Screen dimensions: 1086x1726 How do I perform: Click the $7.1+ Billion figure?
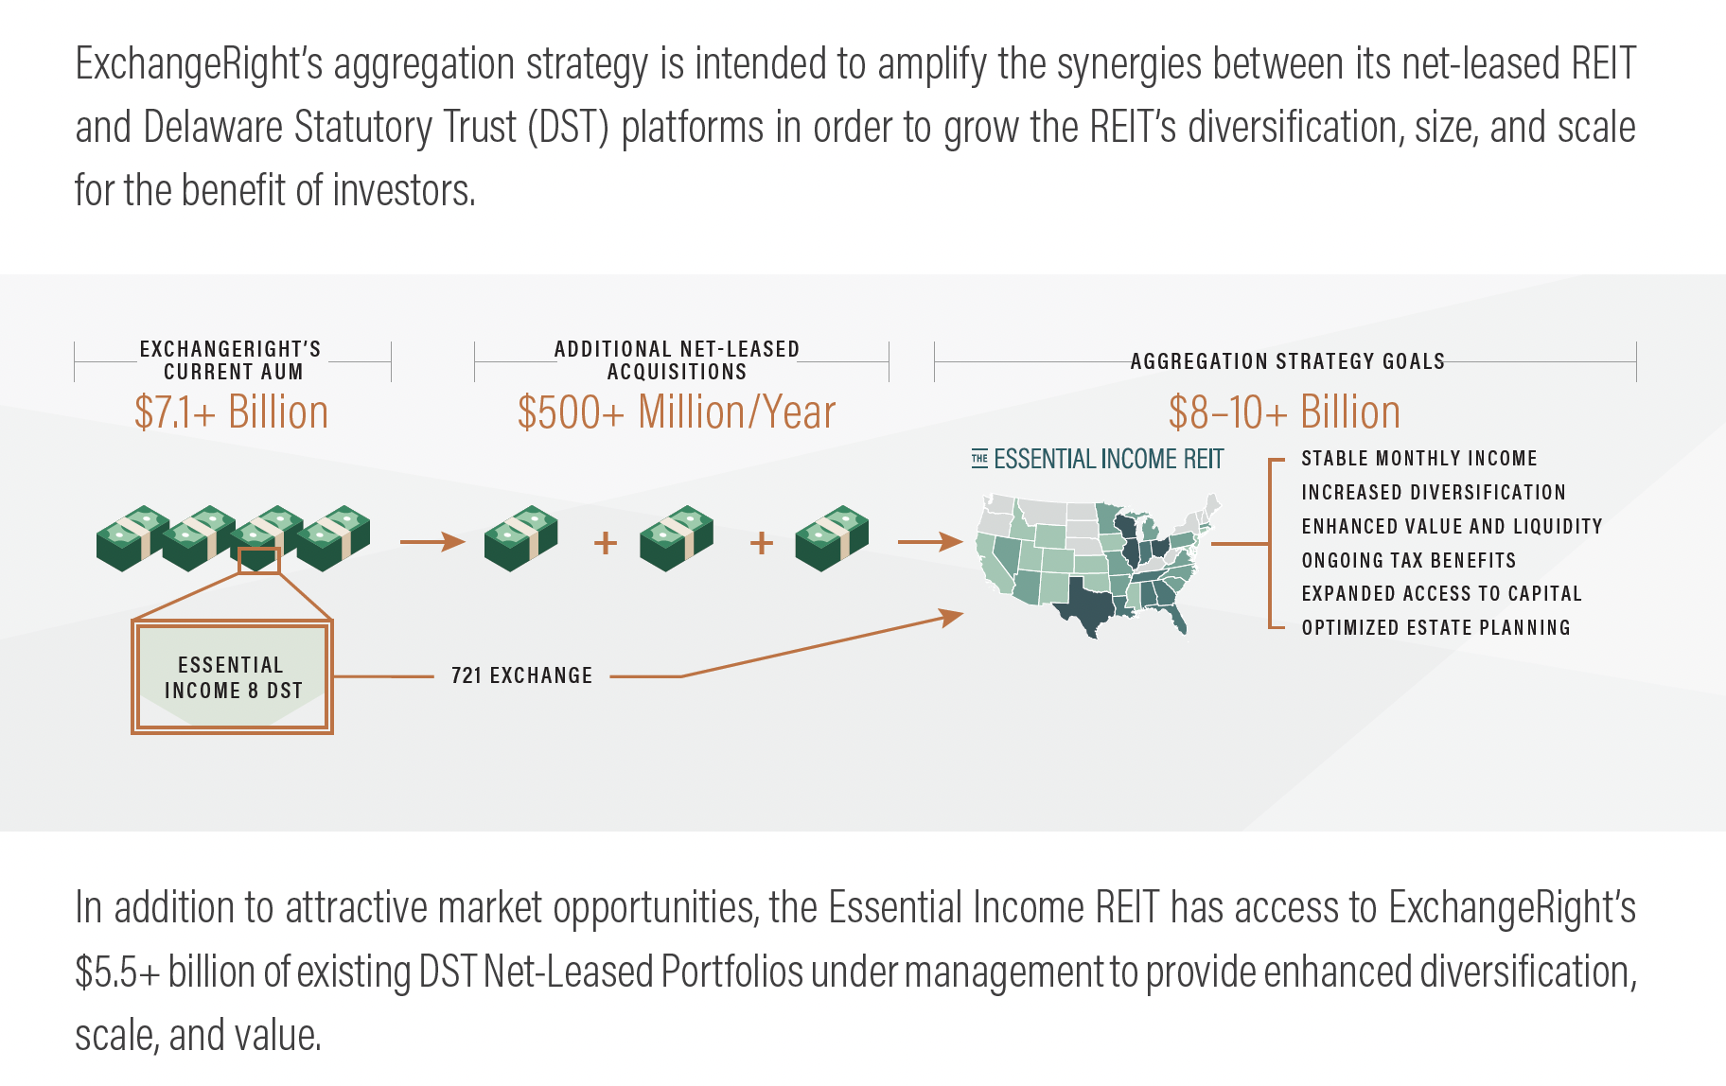(231, 412)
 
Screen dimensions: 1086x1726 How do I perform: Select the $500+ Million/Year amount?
(676, 412)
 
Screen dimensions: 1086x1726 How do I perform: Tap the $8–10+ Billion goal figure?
(1283, 412)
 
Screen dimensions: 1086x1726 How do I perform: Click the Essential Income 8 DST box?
(232, 677)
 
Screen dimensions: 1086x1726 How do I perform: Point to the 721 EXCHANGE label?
(521, 675)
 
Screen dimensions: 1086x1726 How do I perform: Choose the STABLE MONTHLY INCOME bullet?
(1418, 459)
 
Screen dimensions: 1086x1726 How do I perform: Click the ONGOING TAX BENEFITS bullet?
(1408, 561)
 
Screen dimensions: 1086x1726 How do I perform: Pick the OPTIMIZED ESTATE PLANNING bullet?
(1435, 628)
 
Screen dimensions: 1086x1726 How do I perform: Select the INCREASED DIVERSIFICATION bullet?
(1433, 493)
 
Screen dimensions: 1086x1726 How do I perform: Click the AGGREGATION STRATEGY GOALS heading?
(1287, 361)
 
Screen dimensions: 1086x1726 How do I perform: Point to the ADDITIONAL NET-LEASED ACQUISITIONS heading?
(677, 360)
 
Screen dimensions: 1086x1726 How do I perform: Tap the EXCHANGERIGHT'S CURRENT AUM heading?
(232, 360)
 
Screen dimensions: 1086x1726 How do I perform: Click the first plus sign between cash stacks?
(606, 543)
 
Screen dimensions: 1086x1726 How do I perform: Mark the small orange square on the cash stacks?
(258, 560)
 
